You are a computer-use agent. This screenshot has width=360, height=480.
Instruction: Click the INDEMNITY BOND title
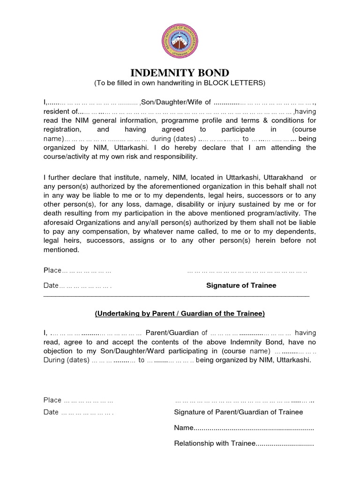pos(180,73)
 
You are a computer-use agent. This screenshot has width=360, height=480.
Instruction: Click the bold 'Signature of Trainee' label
pos(241,285)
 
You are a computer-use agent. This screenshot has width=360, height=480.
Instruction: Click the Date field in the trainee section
pos(78,285)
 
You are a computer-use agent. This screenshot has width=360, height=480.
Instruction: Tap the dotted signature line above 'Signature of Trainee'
pos(247,271)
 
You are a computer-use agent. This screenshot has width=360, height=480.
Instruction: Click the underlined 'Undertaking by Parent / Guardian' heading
pos(180,313)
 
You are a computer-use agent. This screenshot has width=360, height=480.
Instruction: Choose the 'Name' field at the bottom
pos(244,428)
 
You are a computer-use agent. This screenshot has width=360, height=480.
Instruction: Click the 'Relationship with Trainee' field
pos(244,443)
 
